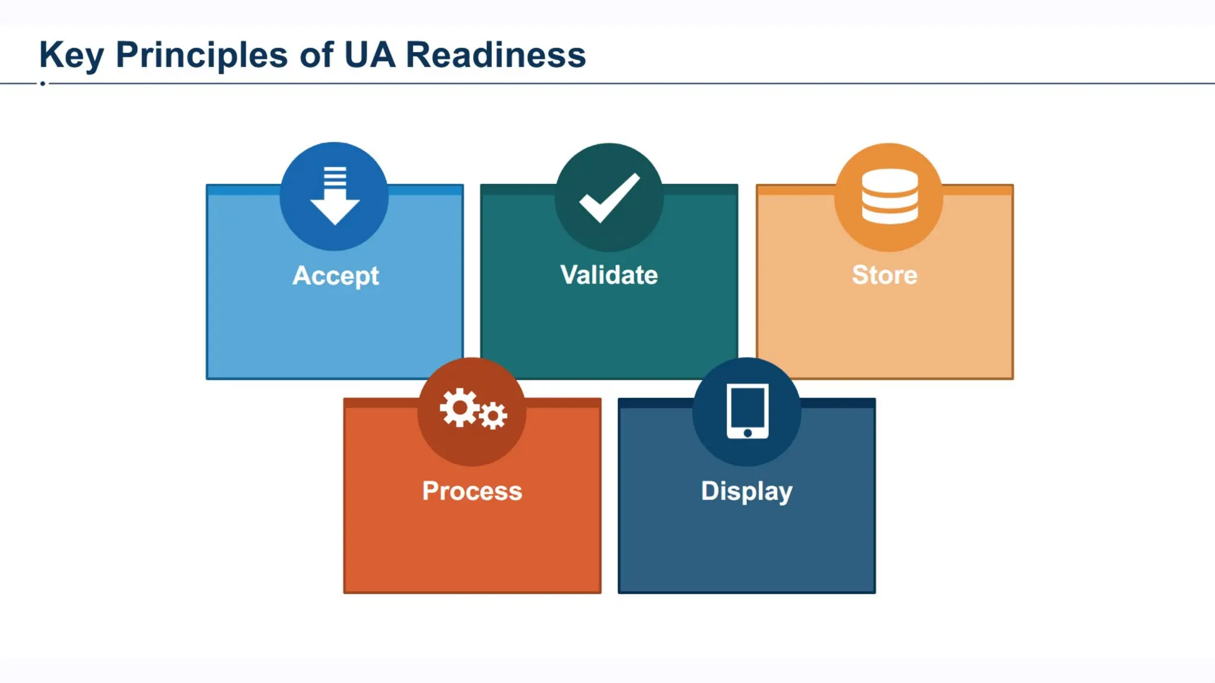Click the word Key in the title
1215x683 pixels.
click(x=71, y=56)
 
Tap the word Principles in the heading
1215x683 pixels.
click(x=202, y=56)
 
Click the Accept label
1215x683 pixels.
click(x=335, y=276)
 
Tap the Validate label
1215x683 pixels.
click(x=609, y=275)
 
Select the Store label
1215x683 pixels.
click(x=885, y=275)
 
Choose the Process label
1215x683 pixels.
click(x=472, y=491)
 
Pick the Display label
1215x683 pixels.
click(x=746, y=491)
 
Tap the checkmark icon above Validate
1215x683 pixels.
click(x=609, y=198)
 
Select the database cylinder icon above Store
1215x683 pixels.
click(x=889, y=196)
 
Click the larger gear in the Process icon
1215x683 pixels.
click(x=459, y=407)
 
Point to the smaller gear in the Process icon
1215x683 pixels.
click(x=493, y=416)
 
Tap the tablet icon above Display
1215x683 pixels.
click(x=748, y=411)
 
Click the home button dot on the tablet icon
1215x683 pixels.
click(x=748, y=433)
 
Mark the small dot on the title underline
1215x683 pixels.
click(x=43, y=84)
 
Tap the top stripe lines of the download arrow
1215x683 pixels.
click(x=335, y=177)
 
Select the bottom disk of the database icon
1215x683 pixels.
click(x=889, y=215)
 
